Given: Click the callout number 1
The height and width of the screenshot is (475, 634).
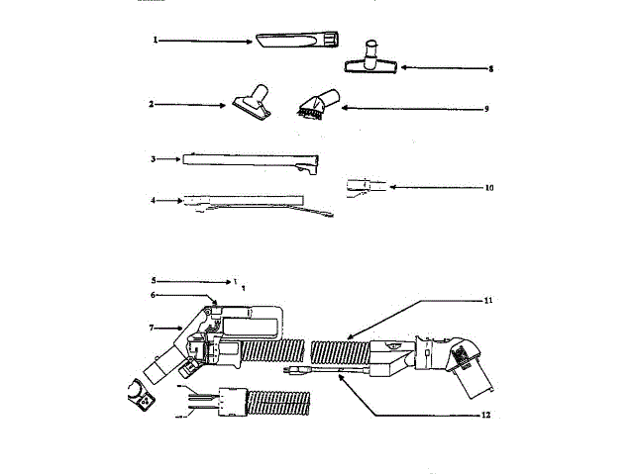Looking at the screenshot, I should (x=156, y=41).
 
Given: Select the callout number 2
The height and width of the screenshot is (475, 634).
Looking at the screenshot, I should (x=151, y=103).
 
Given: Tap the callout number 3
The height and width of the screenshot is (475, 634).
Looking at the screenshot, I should (x=154, y=158).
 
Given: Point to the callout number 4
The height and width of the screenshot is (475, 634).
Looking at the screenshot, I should (x=154, y=200).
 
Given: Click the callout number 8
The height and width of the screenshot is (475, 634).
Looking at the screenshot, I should (x=490, y=68).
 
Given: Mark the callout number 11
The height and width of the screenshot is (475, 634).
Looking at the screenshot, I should (x=488, y=300).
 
